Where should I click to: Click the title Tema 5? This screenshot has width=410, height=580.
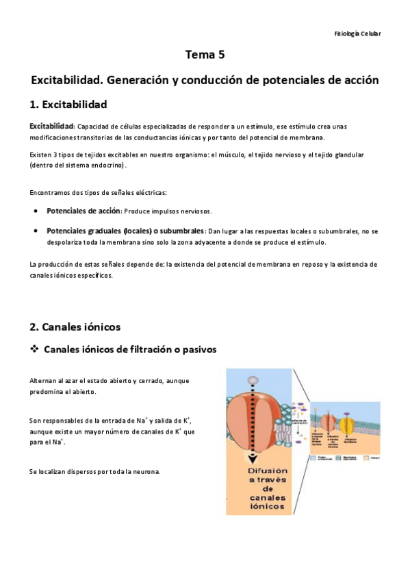tap(205, 54)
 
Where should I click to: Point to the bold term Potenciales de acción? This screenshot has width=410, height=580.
tap(73, 210)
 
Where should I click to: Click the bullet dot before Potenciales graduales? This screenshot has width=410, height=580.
tap(36, 230)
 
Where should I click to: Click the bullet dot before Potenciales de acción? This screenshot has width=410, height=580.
tap(36, 210)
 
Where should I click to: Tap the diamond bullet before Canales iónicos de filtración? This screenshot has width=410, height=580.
tap(34, 349)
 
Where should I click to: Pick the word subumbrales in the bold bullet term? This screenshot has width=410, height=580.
tap(179, 230)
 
